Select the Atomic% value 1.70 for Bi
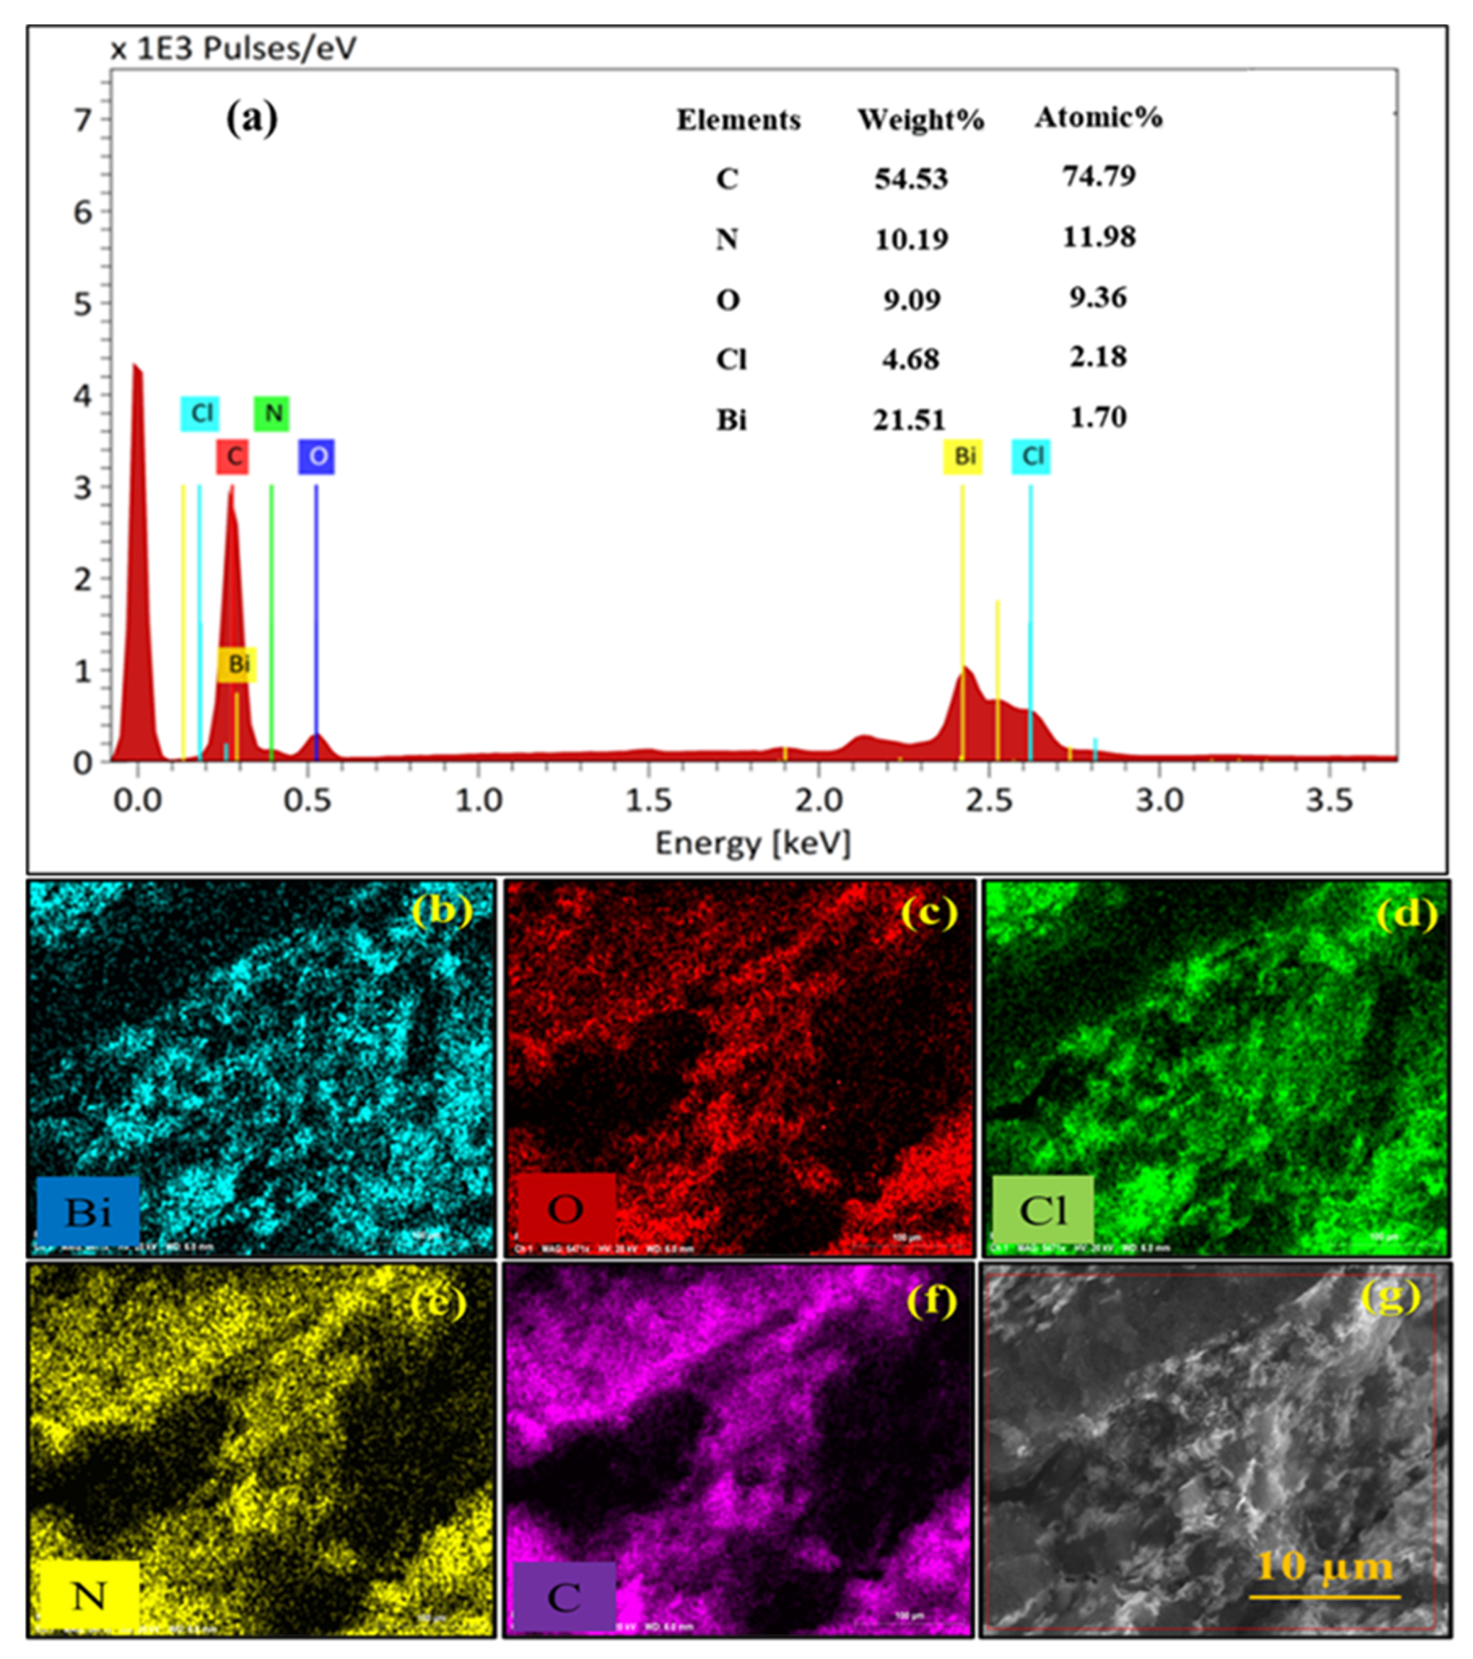[1098, 417]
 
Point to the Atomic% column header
[1098, 118]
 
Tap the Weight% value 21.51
[909, 420]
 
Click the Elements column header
[738, 120]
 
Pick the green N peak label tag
[272, 414]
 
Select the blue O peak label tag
[317, 457]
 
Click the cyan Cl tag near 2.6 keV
[1031, 456]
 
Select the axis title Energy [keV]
[753, 843]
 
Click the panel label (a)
[251, 118]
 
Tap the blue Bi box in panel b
[88, 1212]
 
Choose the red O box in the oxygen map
[565, 1209]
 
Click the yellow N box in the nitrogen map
[88, 1596]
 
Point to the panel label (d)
[1406, 915]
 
